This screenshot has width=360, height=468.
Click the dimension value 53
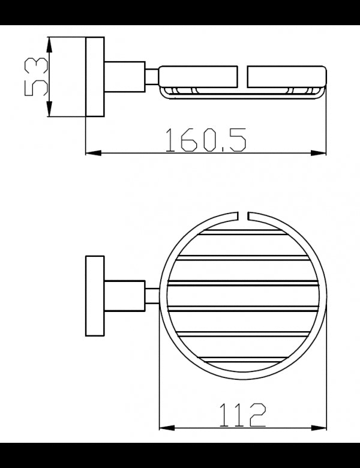pos(35,77)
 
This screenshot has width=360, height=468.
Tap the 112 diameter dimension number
pos(242,414)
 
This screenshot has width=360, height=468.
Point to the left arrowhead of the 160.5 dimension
pos(92,154)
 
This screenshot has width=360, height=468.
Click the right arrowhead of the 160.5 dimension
pos(320,154)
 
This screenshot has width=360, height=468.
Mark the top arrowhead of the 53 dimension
pos(49,43)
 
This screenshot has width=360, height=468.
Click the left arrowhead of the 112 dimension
pos(164,428)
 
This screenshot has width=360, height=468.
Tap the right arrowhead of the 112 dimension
pos(322,428)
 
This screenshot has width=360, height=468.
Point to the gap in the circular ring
pos(247,214)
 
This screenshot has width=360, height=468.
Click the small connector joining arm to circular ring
pos(152,296)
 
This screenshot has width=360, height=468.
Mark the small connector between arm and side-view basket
pos(152,77)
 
